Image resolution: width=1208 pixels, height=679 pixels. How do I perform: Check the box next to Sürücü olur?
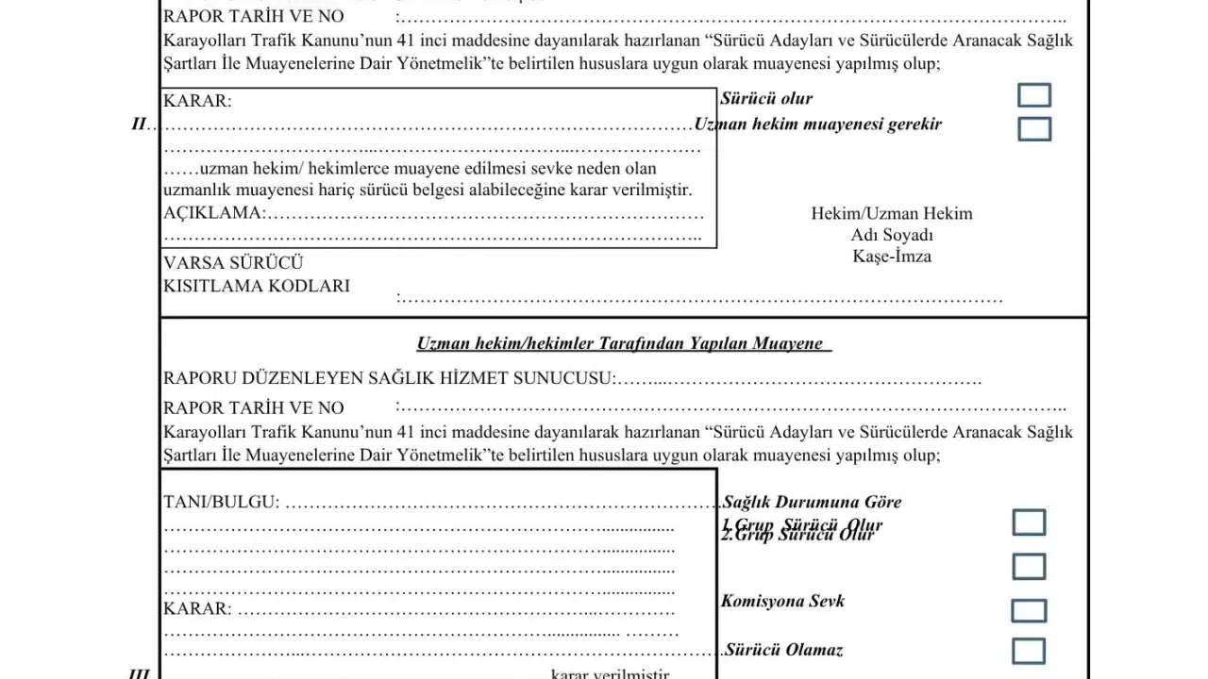(x=1034, y=95)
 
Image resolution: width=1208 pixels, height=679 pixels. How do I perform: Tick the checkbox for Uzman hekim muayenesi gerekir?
(x=1034, y=128)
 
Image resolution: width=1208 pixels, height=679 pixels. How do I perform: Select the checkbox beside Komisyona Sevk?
(x=1029, y=610)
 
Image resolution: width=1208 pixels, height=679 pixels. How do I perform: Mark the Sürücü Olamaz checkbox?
(x=1029, y=651)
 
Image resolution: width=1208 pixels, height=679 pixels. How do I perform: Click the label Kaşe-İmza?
(x=892, y=257)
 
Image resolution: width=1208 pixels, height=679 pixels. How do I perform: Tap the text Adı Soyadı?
(x=892, y=235)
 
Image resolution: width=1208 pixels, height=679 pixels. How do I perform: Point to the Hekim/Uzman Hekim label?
(x=892, y=214)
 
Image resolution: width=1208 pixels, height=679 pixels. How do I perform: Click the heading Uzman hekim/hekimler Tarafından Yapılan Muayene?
(x=624, y=343)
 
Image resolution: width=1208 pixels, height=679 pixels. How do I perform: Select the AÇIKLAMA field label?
(x=212, y=213)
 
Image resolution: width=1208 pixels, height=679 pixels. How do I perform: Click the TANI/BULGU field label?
(x=221, y=502)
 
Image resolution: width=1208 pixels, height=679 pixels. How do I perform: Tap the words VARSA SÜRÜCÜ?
(x=233, y=263)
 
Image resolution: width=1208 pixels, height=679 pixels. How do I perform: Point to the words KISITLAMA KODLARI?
(x=257, y=286)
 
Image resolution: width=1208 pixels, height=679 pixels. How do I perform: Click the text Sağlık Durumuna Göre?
(x=813, y=502)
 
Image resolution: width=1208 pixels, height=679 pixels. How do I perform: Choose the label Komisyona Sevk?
(x=783, y=601)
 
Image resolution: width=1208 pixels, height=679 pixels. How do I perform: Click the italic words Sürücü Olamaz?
(x=783, y=650)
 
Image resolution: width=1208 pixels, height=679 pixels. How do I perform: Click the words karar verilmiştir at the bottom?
(x=611, y=673)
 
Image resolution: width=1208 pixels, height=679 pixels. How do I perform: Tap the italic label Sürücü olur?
(x=766, y=99)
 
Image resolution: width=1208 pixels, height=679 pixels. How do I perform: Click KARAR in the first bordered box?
(x=197, y=101)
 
